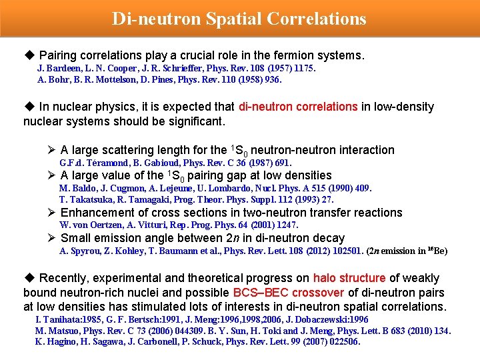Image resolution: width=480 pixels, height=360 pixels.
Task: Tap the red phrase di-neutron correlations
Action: pyautogui.click(x=298, y=107)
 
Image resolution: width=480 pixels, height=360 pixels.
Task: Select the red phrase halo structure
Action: pyautogui.click(x=349, y=278)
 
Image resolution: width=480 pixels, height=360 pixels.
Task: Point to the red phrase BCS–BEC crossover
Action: pyautogui.click(x=288, y=293)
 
